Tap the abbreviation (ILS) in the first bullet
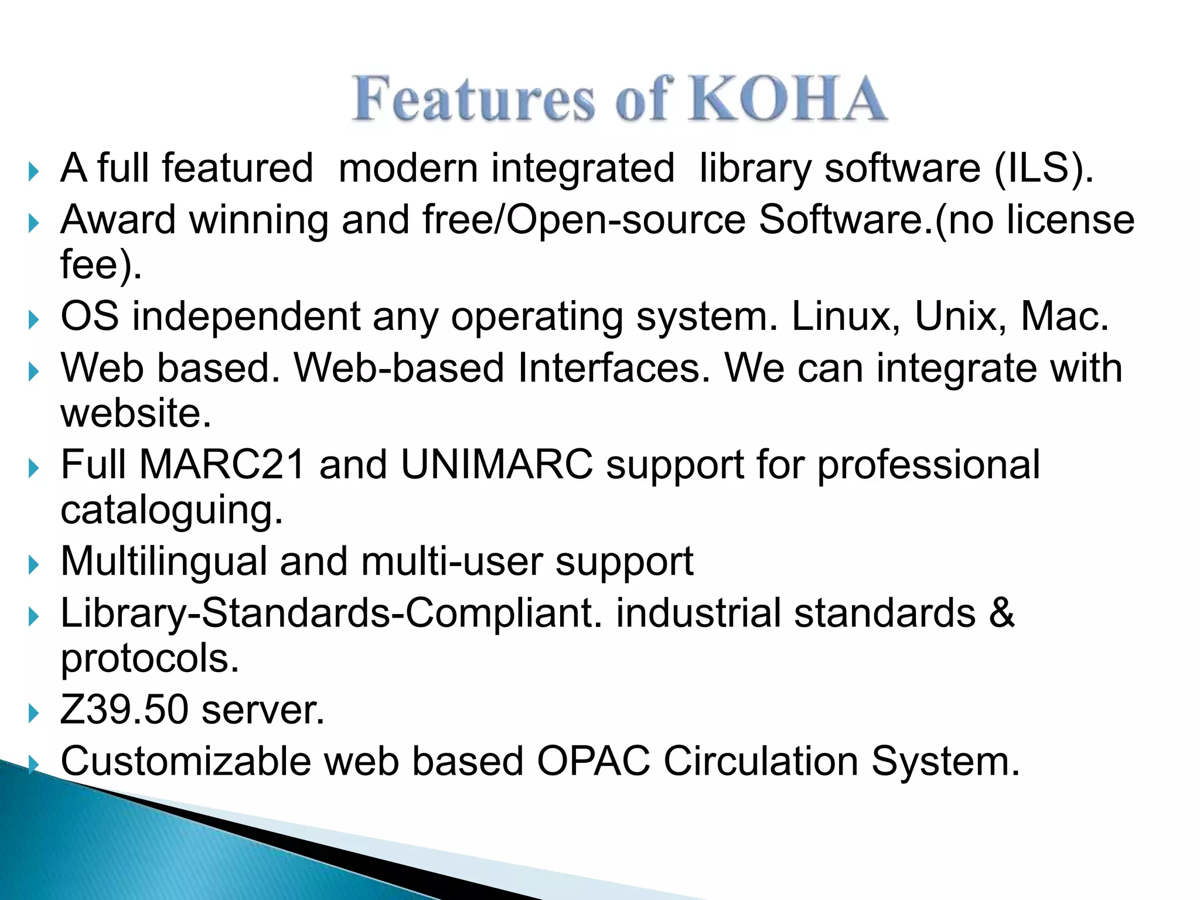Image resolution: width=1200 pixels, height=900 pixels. pyautogui.click(x=1043, y=169)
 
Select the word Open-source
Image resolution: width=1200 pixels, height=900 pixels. pyautogui.click(x=625, y=220)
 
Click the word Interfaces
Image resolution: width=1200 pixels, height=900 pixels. pyautogui.click(x=613, y=368)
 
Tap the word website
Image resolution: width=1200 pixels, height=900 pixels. pyautogui.click(x=135, y=413)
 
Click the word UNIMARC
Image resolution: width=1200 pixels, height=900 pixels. pyautogui.click(x=496, y=465)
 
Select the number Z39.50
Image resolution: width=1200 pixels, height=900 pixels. pyautogui.click(x=124, y=710)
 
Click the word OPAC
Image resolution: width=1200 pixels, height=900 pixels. pyautogui.click(x=593, y=762)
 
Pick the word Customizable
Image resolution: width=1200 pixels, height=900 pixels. pyautogui.click(x=186, y=762)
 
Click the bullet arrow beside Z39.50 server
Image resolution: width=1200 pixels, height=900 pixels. pyautogui.click(x=33, y=713)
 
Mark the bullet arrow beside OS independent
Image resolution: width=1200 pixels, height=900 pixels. pyautogui.click(x=33, y=320)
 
